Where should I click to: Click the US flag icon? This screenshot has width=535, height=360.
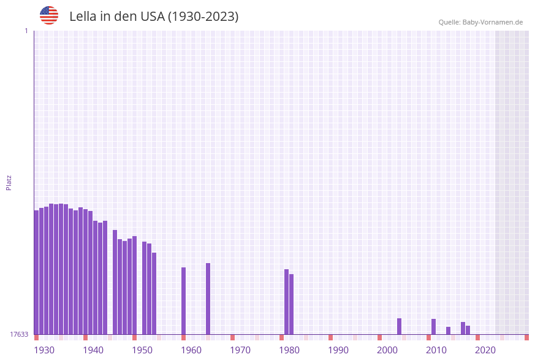49,15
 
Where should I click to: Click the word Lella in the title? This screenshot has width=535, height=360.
85,17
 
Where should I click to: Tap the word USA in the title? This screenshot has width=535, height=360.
153,17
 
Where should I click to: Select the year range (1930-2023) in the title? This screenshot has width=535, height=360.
203,17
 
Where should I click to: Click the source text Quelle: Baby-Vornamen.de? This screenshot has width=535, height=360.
480,22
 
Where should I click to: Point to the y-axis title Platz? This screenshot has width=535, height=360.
9,182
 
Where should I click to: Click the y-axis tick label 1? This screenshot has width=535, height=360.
26,31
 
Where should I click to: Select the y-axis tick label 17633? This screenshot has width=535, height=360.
19,334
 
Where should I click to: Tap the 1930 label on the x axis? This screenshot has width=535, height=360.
44,350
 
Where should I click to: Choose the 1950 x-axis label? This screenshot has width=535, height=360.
142,350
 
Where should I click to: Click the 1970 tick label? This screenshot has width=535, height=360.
240,350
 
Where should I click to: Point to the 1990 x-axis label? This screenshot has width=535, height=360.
338,350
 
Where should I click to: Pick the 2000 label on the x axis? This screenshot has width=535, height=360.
387,350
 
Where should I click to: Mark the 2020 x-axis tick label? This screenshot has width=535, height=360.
485,350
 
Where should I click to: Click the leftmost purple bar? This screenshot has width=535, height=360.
36,272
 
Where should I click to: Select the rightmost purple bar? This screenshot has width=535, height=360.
468,330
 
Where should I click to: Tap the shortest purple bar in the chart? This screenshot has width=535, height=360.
448,331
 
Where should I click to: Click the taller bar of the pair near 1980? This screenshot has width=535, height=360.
286,302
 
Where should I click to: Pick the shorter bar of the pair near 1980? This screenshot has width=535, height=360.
291,304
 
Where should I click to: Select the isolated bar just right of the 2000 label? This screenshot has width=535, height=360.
399,326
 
